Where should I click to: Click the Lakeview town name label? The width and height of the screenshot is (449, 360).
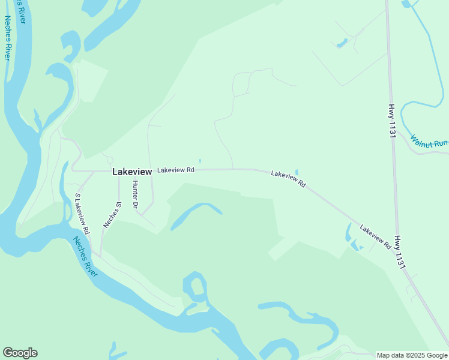click(x=132, y=172)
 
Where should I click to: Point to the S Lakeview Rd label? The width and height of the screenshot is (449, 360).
click(x=82, y=213)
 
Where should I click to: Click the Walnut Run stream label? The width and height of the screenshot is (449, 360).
click(x=429, y=142)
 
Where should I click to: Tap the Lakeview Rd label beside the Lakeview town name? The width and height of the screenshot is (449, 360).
click(x=176, y=170)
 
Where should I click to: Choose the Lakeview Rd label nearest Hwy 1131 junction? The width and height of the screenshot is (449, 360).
click(x=376, y=236)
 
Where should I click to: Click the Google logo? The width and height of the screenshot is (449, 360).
click(x=20, y=353)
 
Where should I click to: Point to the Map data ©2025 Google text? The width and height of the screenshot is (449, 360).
click(x=412, y=355)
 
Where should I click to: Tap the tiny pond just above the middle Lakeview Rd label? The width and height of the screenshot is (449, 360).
click(x=297, y=172)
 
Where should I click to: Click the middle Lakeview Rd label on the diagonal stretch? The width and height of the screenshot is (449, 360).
click(x=288, y=179)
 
